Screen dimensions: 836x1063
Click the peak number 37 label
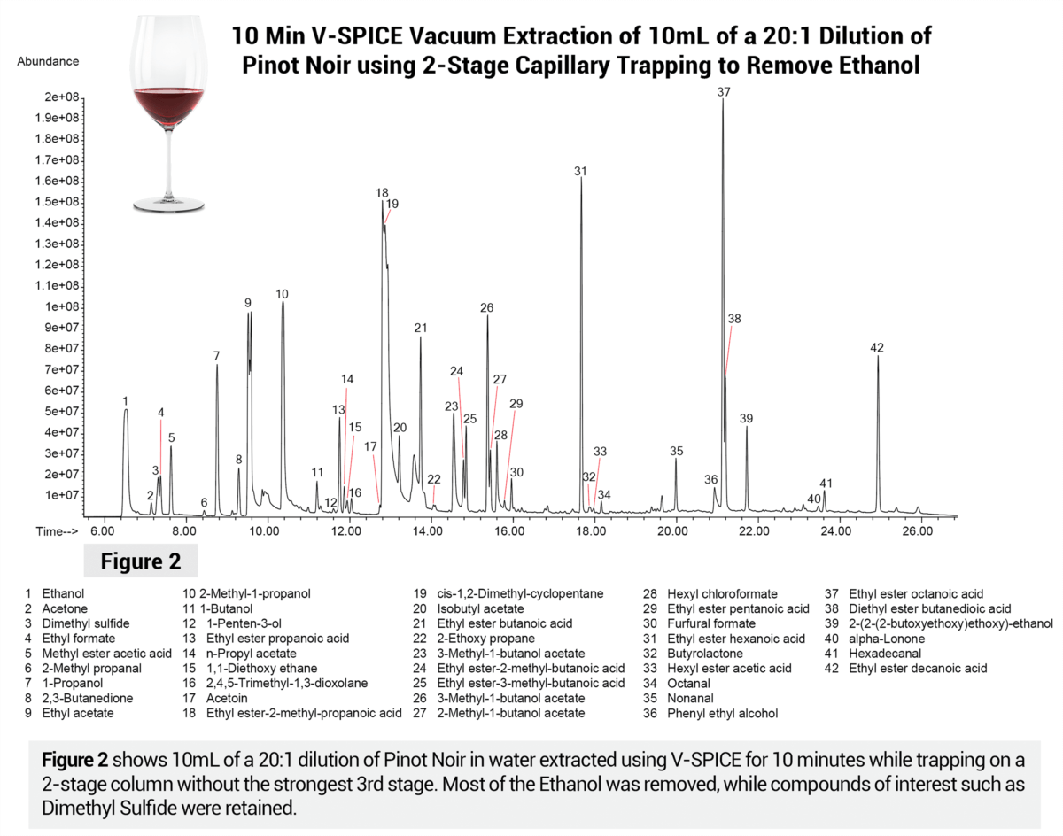tap(724, 92)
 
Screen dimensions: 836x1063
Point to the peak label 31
tap(580, 171)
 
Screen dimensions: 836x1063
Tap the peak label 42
tap(877, 347)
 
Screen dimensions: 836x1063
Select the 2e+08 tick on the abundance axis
tap(64, 97)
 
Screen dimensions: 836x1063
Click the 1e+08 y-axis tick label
tap(64, 306)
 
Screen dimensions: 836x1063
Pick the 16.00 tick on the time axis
tap(509, 531)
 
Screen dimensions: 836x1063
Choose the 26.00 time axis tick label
tap(917, 531)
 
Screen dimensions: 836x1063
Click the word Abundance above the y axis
tap(48, 61)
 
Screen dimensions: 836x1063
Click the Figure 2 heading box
tap(140, 561)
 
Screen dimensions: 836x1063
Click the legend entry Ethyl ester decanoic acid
tap(918, 669)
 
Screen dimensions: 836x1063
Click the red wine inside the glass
tap(167, 103)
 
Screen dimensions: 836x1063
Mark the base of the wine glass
tap(167, 205)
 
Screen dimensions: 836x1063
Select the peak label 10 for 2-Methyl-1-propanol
tap(282, 294)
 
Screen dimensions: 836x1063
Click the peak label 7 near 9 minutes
tap(216, 356)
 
